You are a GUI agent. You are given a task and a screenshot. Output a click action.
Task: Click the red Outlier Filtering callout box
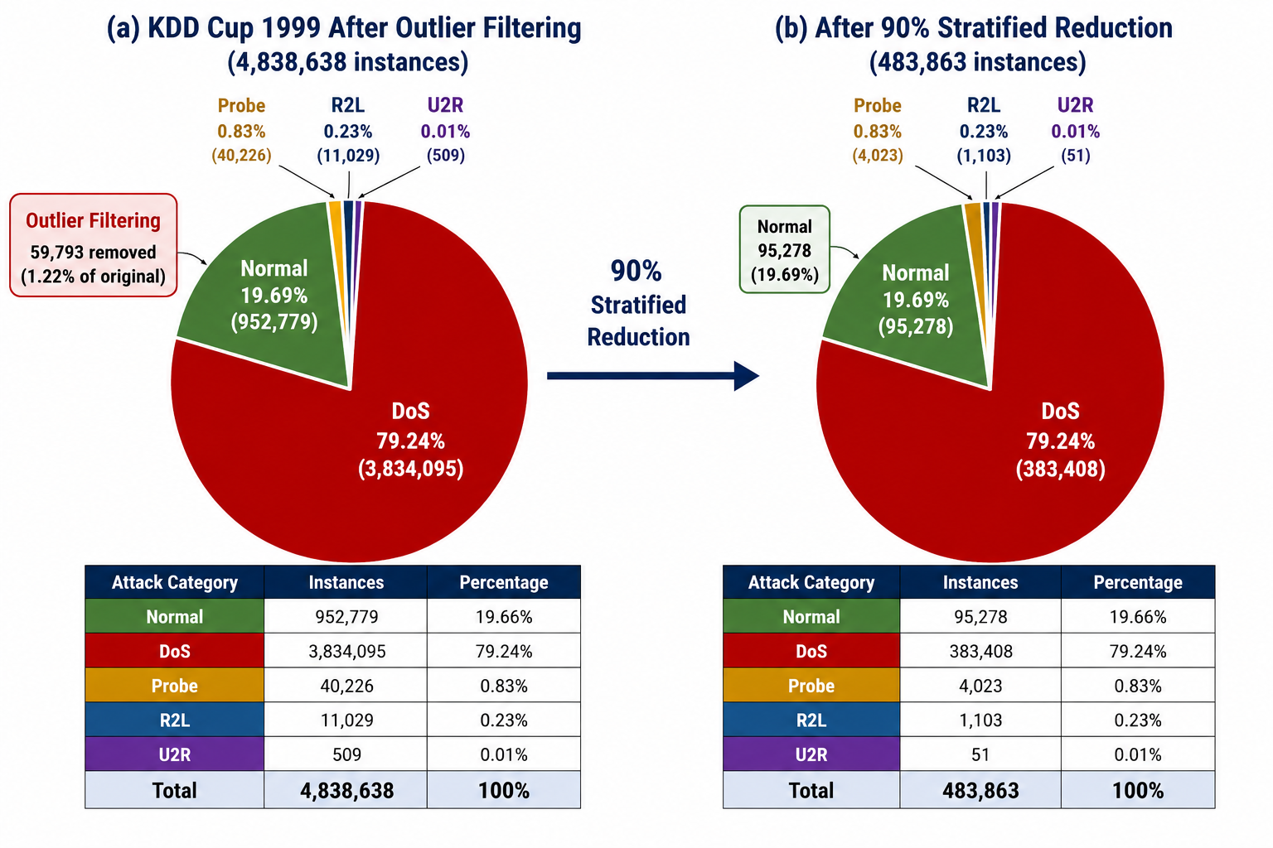[93, 245]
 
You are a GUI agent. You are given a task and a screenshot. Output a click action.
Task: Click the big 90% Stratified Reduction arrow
[653, 375]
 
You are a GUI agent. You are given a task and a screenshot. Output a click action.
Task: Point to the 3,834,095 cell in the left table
[346, 650]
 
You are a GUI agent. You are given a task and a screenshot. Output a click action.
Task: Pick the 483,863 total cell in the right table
[980, 789]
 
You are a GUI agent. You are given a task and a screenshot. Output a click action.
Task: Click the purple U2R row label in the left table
[175, 754]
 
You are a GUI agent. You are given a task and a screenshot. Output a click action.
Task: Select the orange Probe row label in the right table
[811, 685]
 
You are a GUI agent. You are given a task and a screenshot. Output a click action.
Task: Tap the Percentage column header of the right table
[1138, 582]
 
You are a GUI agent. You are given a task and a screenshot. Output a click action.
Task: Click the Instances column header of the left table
[346, 582]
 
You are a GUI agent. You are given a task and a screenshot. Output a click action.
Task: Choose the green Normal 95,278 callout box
[784, 249]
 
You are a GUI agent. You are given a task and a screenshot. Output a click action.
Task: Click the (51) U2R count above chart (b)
[1075, 155]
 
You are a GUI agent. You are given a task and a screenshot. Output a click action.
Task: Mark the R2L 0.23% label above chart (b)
[984, 118]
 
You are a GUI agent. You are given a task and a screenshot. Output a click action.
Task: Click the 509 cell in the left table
[346, 754]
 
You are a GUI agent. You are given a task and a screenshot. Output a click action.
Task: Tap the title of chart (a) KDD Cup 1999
[345, 28]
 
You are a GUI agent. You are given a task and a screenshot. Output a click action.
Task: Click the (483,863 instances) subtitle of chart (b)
[977, 61]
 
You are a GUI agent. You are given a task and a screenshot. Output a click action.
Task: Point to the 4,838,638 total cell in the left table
[346, 789]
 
